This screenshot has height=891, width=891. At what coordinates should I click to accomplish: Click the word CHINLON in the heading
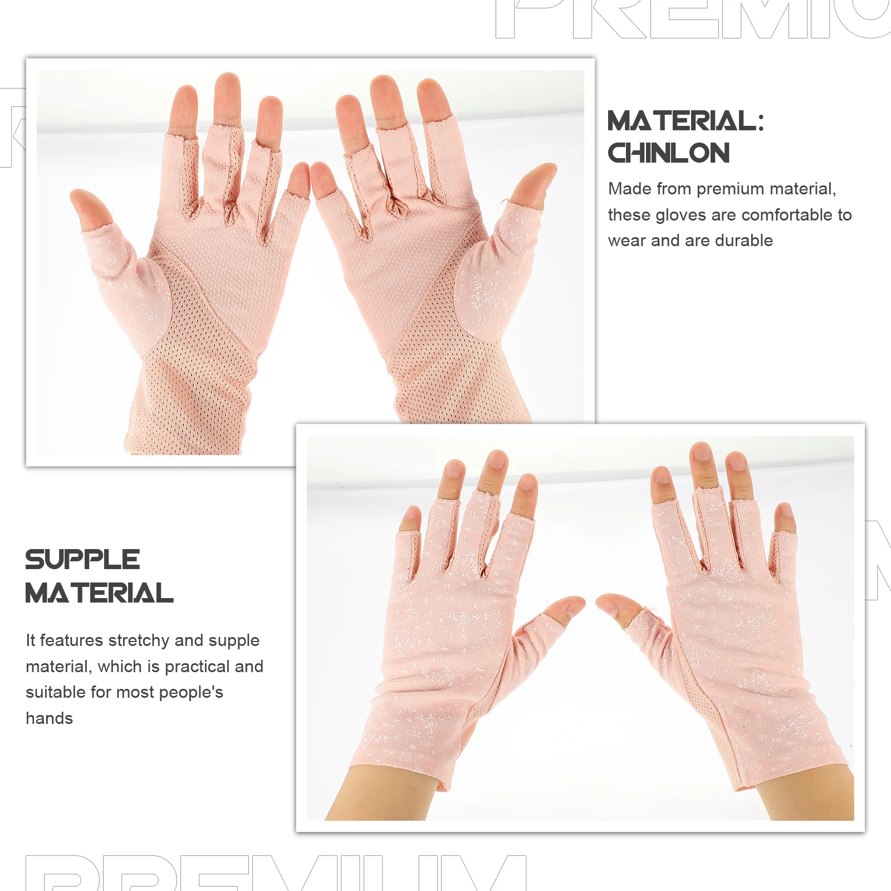(668, 153)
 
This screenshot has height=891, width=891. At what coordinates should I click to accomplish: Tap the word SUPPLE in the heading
(82, 560)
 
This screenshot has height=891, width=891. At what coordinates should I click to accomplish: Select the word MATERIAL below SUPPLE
(99, 593)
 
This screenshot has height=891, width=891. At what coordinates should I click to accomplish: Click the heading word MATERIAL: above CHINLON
(686, 121)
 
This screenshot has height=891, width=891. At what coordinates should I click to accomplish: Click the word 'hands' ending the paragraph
(49, 718)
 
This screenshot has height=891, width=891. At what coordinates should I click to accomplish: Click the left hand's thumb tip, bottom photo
(574, 604)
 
